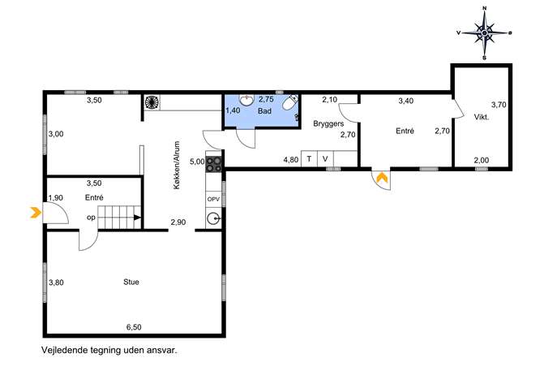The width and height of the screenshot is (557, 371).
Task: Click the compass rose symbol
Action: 484,32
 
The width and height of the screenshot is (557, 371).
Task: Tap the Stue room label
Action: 131,282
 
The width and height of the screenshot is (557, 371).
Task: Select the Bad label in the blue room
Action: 264,111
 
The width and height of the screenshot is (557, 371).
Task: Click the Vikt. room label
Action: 482,117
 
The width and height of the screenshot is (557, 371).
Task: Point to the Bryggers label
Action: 328,123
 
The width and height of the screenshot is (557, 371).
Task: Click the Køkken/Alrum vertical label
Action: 178,165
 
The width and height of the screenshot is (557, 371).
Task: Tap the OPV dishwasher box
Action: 213,200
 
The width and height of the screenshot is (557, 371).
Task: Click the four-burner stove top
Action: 214,164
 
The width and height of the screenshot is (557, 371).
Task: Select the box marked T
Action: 309,158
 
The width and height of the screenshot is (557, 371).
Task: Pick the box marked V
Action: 325,158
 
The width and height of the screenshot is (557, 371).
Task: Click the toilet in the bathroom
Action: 290,102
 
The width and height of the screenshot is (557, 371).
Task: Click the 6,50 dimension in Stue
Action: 134,327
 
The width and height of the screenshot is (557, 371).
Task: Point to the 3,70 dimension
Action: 499,105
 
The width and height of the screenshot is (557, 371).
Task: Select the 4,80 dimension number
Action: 291,160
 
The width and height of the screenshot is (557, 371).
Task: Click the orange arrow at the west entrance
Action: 36,213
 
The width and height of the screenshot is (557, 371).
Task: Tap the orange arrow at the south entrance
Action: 382,177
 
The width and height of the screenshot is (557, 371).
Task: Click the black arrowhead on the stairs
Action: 138,218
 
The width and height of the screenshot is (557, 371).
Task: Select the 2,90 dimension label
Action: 178,222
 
